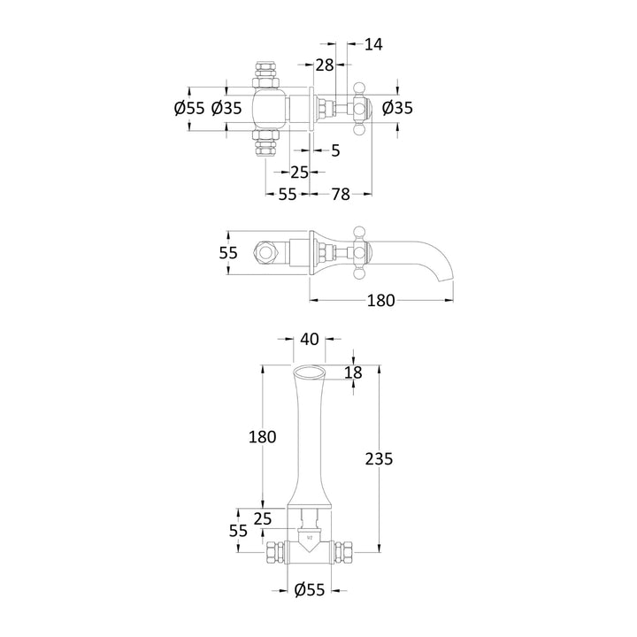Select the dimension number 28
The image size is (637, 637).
(x=324, y=65)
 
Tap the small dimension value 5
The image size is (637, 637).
(x=335, y=150)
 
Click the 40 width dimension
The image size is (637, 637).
(x=309, y=339)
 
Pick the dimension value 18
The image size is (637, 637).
(x=353, y=373)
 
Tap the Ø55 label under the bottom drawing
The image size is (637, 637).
(x=309, y=589)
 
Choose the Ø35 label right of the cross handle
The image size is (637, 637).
(x=398, y=108)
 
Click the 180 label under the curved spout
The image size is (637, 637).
(x=380, y=301)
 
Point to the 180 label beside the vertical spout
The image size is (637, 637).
(x=263, y=436)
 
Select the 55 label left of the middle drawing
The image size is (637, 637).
(x=229, y=252)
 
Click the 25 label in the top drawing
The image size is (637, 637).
(x=299, y=172)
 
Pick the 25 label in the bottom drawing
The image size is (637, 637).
(x=263, y=518)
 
